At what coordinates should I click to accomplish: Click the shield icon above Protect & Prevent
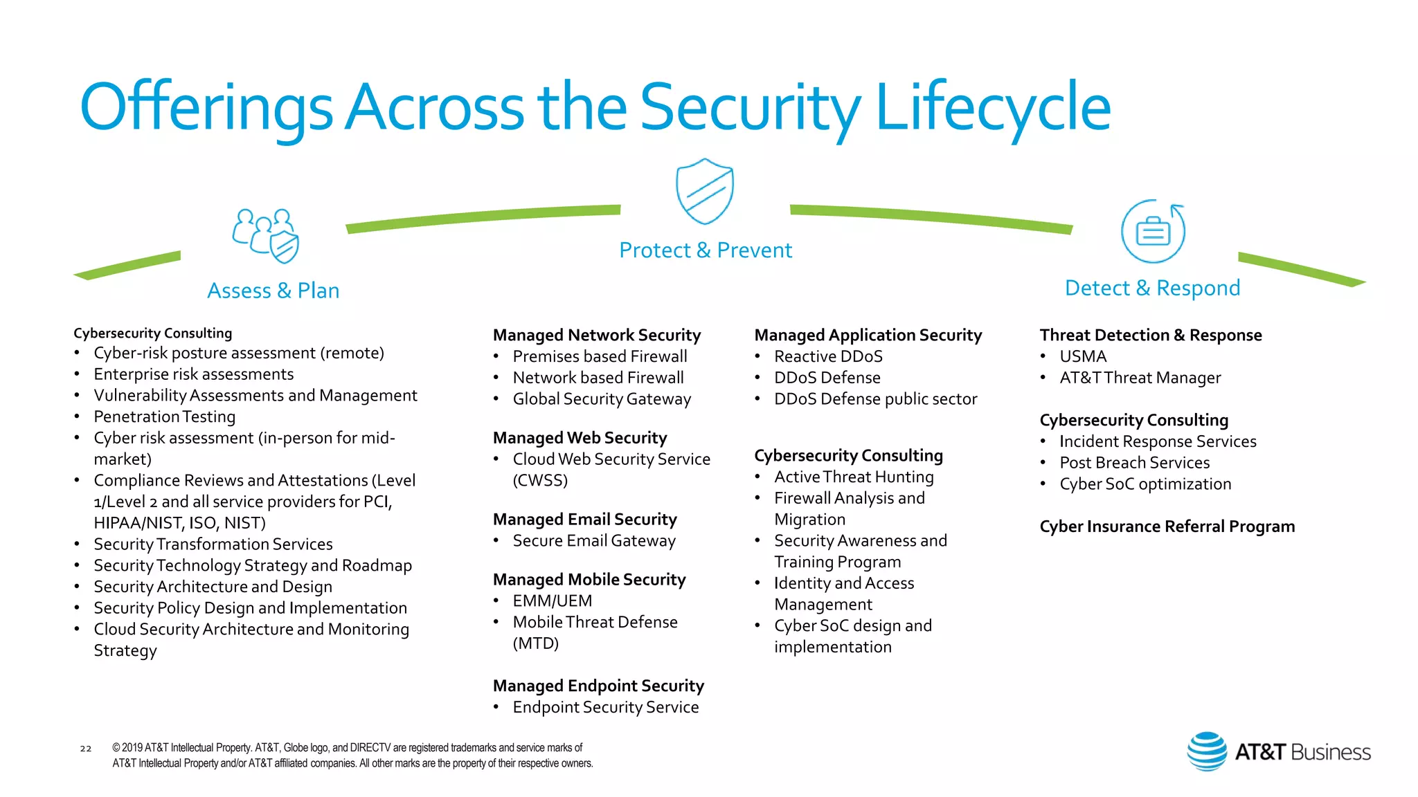point(705,192)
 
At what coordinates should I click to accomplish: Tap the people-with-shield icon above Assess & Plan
point(266,236)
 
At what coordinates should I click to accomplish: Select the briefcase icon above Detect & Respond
point(1153,231)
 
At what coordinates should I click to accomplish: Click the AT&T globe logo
point(1207,751)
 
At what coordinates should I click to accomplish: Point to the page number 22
point(86,748)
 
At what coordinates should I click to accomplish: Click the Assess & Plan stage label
point(273,291)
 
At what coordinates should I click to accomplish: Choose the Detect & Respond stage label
point(1152,288)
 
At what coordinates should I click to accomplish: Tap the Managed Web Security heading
point(580,438)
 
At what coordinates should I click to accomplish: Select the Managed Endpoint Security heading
point(598,686)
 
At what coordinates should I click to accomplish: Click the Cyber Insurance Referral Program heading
point(1167,526)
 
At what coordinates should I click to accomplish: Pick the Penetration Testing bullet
point(165,416)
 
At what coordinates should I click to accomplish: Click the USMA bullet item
point(1083,356)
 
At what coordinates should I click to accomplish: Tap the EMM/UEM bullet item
point(553,601)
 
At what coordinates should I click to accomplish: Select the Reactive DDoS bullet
point(828,356)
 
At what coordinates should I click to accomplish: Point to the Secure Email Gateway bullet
point(594,540)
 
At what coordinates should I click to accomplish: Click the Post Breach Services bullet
point(1134,463)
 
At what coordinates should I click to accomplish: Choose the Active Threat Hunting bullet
point(854,477)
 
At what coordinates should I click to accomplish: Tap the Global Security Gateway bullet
point(602,399)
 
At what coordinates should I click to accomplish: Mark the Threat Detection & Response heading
point(1150,335)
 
